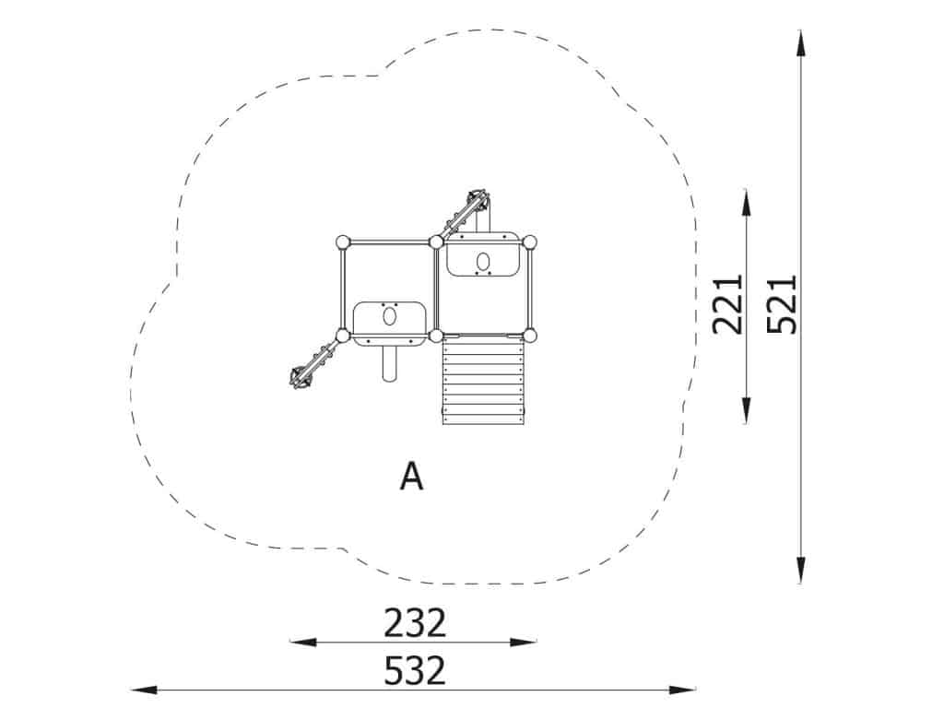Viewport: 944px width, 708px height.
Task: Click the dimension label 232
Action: point(415,622)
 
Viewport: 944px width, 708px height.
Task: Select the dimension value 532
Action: point(415,671)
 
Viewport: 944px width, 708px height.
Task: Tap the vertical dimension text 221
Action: point(728,304)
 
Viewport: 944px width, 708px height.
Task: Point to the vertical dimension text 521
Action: point(782,304)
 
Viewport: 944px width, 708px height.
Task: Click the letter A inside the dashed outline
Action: point(412,477)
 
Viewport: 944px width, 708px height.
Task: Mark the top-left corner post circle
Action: point(343,242)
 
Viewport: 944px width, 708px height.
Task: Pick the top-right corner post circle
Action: point(529,242)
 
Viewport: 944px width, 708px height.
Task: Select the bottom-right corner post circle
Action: point(529,336)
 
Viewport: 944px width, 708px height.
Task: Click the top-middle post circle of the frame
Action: point(436,242)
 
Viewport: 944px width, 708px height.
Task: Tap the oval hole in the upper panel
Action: point(483,261)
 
